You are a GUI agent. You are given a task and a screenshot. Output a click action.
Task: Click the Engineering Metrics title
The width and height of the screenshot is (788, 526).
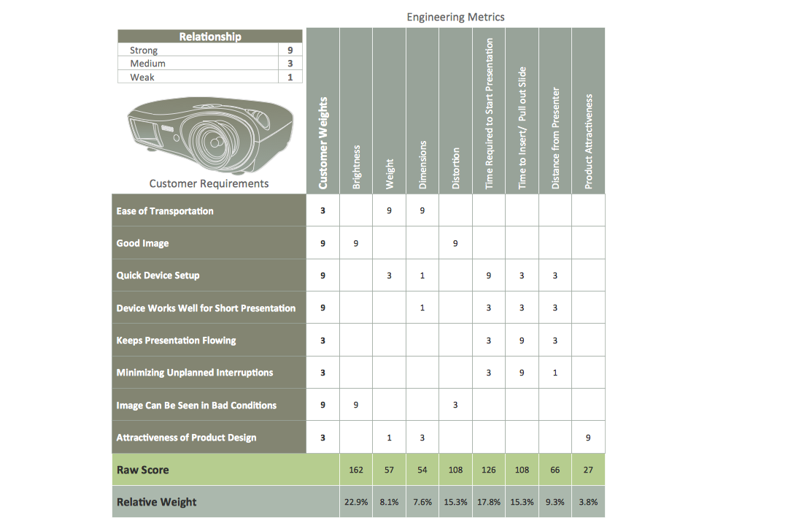click(x=455, y=17)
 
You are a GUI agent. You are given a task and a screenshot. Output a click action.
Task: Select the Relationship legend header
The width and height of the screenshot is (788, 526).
click(x=210, y=37)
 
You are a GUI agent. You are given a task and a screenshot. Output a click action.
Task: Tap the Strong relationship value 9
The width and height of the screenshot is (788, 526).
click(x=290, y=50)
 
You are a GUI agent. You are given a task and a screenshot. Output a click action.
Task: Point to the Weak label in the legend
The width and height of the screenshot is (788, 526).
click(x=142, y=77)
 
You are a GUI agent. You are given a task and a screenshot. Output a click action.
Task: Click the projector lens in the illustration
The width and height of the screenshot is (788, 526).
click(x=216, y=141)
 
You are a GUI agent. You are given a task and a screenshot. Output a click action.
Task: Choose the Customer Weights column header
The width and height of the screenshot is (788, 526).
click(x=323, y=143)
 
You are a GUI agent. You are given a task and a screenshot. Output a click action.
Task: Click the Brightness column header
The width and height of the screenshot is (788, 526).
click(x=356, y=167)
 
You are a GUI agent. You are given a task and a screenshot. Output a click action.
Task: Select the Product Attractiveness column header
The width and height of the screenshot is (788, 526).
click(x=589, y=140)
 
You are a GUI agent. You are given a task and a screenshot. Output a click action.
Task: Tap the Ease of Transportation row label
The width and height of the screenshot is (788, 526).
click(x=165, y=211)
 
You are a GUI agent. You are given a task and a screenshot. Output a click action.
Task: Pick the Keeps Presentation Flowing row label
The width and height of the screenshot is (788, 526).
click(x=176, y=340)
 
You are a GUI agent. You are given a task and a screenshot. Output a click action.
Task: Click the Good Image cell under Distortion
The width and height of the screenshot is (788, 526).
click(x=455, y=243)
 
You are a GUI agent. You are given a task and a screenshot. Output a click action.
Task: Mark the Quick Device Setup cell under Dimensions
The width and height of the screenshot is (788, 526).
click(x=422, y=275)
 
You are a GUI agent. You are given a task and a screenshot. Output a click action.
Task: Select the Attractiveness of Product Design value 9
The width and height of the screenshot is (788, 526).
click(x=588, y=438)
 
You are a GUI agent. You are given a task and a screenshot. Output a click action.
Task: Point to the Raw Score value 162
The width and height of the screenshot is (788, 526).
click(x=356, y=470)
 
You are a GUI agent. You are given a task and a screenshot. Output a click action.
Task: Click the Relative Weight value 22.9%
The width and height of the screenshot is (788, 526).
click(x=356, y=502)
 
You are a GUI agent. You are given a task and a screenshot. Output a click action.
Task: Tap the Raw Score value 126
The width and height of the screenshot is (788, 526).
click(x=488, y=470)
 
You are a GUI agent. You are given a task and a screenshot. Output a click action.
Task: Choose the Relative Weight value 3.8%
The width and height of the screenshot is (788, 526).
click(x=588, y=502)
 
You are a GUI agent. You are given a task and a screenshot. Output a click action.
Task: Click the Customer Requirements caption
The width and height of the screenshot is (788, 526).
click(x=209, y=183)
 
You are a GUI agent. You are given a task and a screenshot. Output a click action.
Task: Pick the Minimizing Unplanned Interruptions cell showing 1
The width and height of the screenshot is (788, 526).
click(x=555, y=373)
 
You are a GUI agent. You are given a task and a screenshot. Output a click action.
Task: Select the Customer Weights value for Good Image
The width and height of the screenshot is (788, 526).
click(x=323, y=243)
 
